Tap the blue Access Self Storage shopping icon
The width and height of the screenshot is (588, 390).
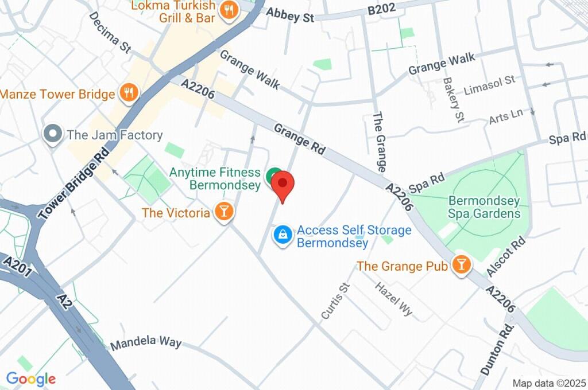click(x=283, y=234)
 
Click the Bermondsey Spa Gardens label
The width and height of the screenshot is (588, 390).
click(x=484, y=207)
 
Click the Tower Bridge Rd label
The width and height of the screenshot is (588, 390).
click(x=73, y=184)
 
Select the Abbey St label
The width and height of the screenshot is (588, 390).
click(x=291, y=15)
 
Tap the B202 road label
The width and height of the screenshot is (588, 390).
click(x=381, y=10)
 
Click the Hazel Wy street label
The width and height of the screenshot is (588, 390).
click(x=394, y=299)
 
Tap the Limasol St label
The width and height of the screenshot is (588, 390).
click(x=489, y=87)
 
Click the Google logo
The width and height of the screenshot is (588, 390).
click(x=30, y=379)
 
